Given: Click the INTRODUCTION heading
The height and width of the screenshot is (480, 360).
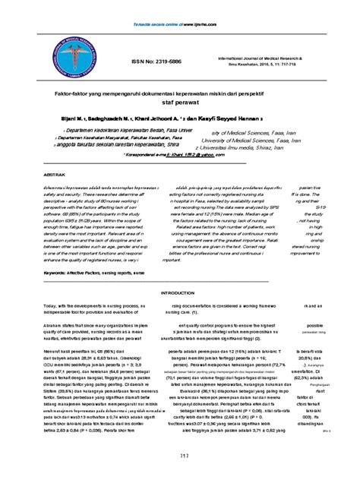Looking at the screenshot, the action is [180, 292].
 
